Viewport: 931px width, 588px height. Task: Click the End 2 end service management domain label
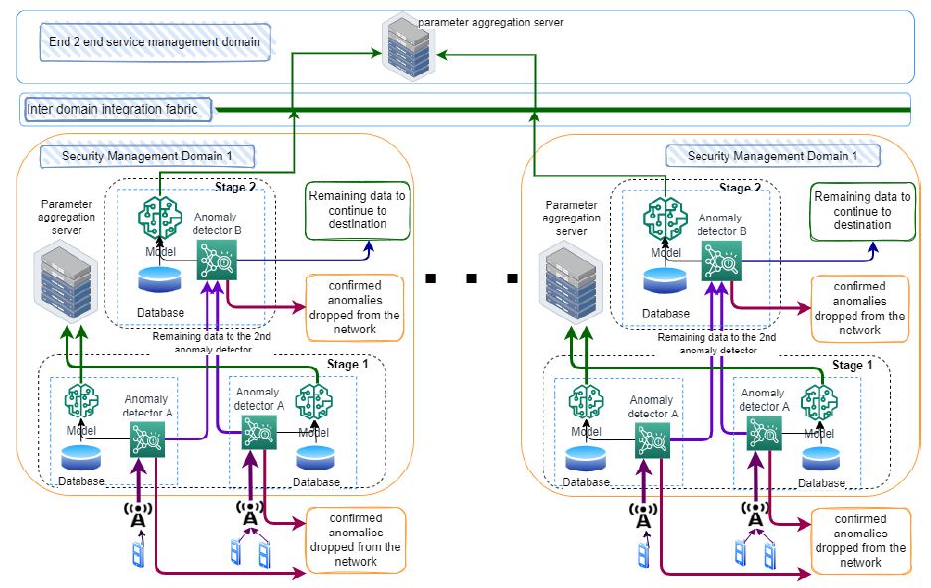click(154, 43)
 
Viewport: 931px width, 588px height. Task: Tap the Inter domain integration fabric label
click(119, 109)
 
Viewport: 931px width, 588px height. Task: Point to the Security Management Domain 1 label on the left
click(147, 156)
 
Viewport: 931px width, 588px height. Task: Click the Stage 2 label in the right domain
click(734, 187)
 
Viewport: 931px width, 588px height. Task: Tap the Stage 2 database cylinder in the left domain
click(161, 281)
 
